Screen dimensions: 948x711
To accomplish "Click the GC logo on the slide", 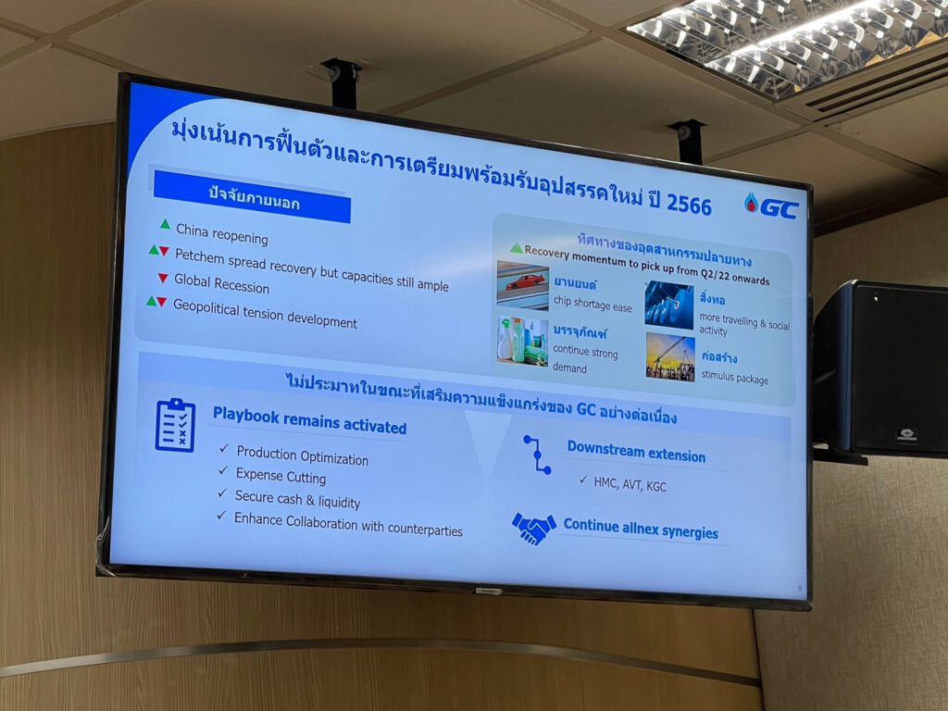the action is tap(771, 206).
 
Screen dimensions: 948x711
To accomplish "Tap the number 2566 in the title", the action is tap(689, 204).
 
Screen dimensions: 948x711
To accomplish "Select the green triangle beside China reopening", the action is tap(165, 224).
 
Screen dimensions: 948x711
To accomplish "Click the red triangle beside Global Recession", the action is tap(163, 278).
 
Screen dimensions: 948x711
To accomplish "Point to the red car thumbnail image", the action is tap(522, 286).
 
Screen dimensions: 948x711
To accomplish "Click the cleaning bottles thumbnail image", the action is tap(522, 342).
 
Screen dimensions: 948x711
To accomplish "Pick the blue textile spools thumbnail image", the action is tap(669, 306).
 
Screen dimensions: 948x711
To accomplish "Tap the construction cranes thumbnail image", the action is tap(670, 357).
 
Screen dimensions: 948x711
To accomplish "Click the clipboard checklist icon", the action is tap(175, 425).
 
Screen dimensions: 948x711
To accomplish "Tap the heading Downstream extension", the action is tap(636, 452).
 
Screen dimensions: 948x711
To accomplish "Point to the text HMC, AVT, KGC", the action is tap(630, 483).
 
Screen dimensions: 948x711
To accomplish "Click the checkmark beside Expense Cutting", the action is tap(223, 470).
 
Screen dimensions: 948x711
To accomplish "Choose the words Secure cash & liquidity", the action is tap(297, 499).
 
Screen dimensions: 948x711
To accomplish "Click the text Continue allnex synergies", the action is tap(641, 528).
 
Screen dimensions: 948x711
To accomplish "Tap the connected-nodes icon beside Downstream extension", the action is tap(537, 454).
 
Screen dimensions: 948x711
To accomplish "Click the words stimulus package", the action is tap(734, 377).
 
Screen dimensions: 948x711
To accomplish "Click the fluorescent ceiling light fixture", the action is tap(786, 44).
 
